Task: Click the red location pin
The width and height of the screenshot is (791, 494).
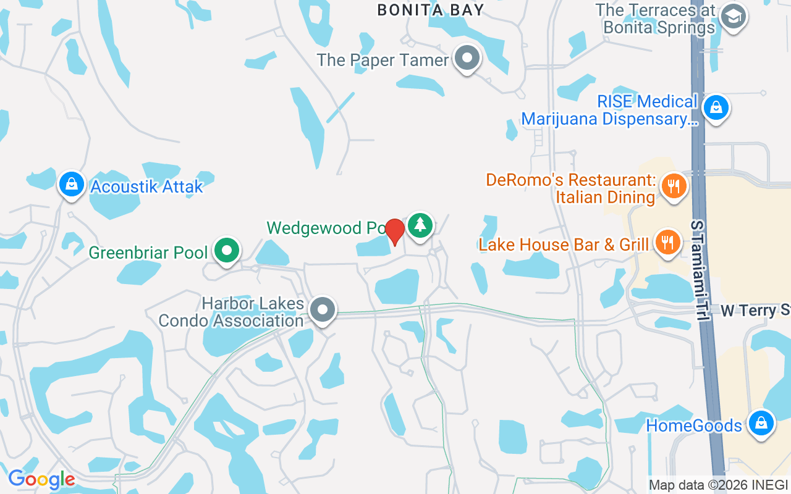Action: pyautogui.click(x=395, y=232)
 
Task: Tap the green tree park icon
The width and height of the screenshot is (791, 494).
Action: pyautogui.click(x=420, y=225)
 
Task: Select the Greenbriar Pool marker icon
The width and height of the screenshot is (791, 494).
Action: pyautogui.click(x=227, y=251)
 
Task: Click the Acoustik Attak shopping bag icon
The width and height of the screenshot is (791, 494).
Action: pyautogui.click(x=72, y=183)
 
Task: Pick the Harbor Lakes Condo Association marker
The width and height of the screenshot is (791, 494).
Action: pyautogui.click(x=323, y=309)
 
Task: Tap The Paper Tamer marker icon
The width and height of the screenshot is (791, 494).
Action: pyautogui.click(x=467, y=58)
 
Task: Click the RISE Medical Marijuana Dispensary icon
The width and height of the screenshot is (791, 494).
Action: pyautogui.click(x=716, y=107)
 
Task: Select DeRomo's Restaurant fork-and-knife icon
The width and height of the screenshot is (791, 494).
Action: pyautogui.click(x=673, y=185)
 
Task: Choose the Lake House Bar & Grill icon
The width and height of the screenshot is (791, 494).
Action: pyautogui.click(x=667, y=241)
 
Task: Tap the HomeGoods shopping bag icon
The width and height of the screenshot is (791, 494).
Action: pyautogui.click(x=761, y=424)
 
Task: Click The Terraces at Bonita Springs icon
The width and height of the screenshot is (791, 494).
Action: pyautogui.click(x=734, y=16)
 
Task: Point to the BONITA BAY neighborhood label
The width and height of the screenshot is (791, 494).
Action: pyautogui.click(x=431, y=9)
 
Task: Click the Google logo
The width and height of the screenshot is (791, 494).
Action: pyautogui.click(x=41, y=479)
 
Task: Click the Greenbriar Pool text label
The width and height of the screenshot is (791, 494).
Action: pyautogui.click(x=148, y=253)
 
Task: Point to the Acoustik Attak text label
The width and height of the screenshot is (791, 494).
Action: pyautogui.click(x=146, y=186)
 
